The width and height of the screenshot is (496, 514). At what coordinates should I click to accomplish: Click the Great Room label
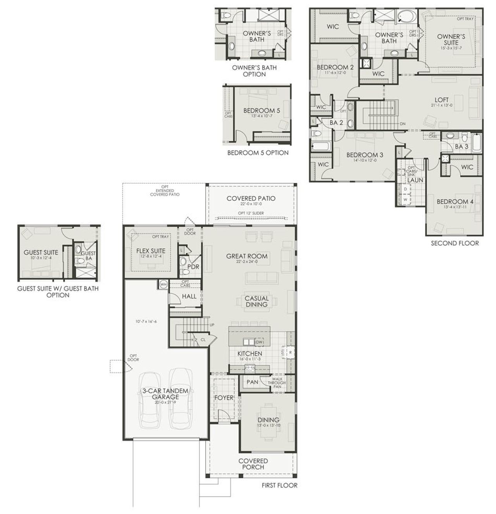point(247,256)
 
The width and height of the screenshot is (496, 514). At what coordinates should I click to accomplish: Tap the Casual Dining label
point(257,301)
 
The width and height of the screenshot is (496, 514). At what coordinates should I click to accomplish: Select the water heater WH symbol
point(163,285)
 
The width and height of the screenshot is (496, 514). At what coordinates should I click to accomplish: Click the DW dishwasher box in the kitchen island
point(259,342)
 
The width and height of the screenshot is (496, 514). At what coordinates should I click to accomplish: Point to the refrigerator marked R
point(290,352)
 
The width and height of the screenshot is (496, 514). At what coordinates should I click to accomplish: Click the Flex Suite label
point(151,251)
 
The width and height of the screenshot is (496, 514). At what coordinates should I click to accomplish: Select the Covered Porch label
point(253,464)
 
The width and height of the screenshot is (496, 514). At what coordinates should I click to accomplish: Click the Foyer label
point(224,398)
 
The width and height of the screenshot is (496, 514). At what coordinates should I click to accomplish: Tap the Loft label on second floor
point(441,100)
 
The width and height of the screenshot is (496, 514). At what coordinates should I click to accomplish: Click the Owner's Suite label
point(451,40)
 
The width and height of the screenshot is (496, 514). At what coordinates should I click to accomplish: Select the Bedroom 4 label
point(455,202)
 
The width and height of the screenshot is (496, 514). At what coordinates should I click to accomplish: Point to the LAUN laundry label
point(415,180)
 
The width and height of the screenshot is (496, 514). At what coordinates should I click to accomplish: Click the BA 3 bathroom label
point(461,147)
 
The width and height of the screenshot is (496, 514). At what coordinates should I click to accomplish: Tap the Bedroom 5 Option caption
point(258,153)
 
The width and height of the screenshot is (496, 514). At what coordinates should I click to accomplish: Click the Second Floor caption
point(455,243)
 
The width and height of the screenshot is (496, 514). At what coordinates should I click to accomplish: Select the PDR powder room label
point(193,267)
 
